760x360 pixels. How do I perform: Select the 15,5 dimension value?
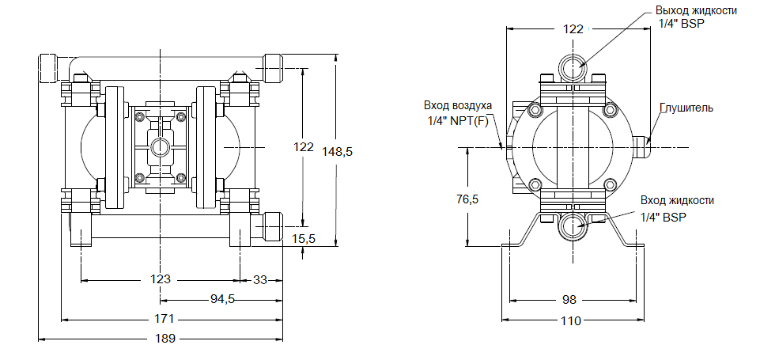tap(304, 238)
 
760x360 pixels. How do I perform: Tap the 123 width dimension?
tap(161, 279)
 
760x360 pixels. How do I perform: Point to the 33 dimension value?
tap(260, 279)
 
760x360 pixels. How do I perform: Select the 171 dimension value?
tap(164, 319)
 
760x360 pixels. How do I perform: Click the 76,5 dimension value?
tap(468, 199)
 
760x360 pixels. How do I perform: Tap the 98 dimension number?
tap(569, 300)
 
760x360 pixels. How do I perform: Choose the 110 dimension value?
tap(570, 320)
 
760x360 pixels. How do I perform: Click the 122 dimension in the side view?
tap(573, 28)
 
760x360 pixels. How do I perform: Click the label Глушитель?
tap(686, 108)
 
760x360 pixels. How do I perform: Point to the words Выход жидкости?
tap(696, 10)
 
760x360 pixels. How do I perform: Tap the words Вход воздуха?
tap(458, 105)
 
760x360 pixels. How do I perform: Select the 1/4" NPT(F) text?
tap(458, 120)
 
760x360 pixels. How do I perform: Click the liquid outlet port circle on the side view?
tap(573, 67)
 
